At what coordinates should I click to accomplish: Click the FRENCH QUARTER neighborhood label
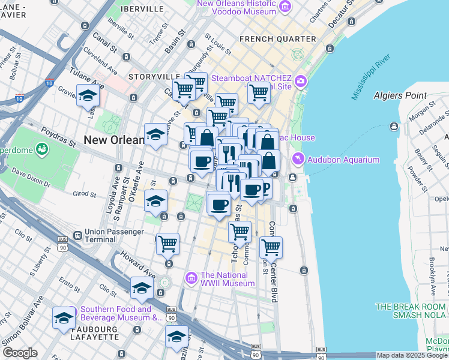click(277, 39)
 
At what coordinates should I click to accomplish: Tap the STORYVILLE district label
click(154, 77)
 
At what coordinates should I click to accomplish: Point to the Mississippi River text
click(371, 77)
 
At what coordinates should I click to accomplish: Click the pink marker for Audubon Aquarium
click(298, 159)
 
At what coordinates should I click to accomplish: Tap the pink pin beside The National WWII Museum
click(191, 278)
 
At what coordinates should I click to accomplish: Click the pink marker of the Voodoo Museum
click(285, 7)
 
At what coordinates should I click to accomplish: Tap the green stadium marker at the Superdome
click(43, 148)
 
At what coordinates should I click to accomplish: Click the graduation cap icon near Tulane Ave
click(88, 95)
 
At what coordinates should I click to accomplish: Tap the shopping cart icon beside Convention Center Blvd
click(271, 246)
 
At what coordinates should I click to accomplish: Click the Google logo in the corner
click(19, 353)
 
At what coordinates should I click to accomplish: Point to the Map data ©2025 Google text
click(412, 355)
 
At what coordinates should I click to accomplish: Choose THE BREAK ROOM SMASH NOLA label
click(411, 310)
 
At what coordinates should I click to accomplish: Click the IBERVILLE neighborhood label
click(142, 10)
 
